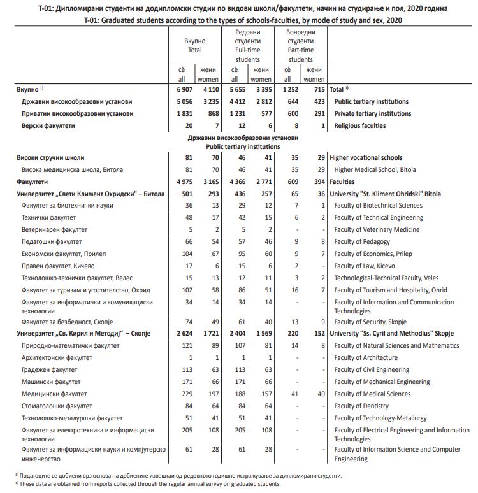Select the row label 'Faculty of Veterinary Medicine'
tap(377, 229)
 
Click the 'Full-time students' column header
tap(247, 45)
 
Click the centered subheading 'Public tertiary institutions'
tap(242, 146)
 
